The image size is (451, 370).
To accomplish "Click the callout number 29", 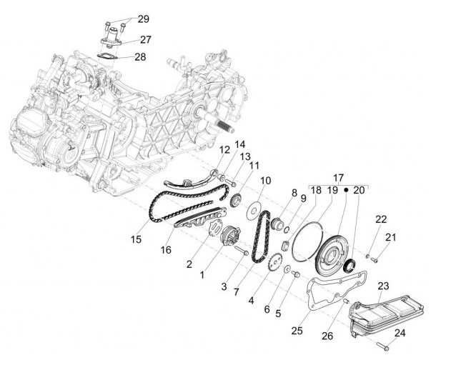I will pos(143,19).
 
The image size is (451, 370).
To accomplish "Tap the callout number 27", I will pos(145,40).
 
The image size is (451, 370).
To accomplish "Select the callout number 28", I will pos(140,56).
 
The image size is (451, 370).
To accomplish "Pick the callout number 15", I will pos(135,239).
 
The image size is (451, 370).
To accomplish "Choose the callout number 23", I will pos(383,286).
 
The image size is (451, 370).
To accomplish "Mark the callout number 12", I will pos(224,149).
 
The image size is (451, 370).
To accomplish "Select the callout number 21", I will pos(390,237).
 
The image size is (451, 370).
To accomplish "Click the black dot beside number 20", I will pos(346,191).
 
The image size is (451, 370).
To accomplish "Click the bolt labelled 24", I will pos(382,348).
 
